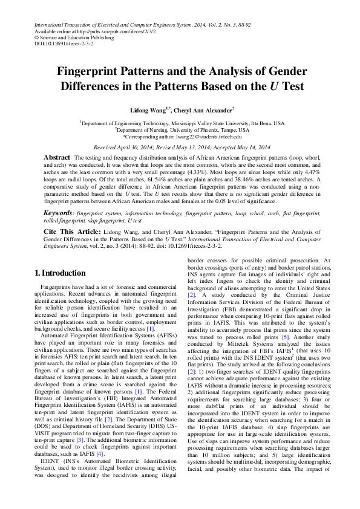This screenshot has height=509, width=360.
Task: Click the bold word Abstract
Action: [x=57, y=157]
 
